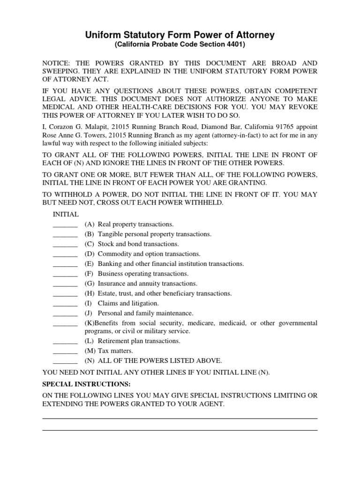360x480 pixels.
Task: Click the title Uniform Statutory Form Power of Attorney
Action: click(180, 35)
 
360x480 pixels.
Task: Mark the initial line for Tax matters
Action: click(65, 352)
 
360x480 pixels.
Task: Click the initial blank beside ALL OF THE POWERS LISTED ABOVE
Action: click(65, 362)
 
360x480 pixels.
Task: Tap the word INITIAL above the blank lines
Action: click(66, 214)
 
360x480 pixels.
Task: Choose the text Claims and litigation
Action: click(128, 303)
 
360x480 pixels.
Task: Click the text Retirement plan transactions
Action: click(139, 341)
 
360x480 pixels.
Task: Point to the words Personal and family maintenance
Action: click(145, 313)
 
